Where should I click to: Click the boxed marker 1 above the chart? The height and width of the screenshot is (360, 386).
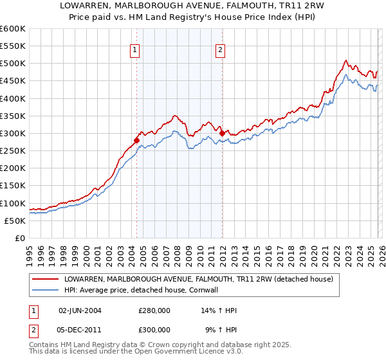coord(135,51)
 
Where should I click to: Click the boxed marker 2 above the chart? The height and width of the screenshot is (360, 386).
coord(221,51)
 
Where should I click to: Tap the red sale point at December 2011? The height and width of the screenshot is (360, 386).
coord(222,133)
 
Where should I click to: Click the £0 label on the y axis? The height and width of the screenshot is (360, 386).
coord(21,238)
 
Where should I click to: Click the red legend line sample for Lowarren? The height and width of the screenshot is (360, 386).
coord(46,280)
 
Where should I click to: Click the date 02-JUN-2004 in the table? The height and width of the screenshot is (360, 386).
coord(80,310)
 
